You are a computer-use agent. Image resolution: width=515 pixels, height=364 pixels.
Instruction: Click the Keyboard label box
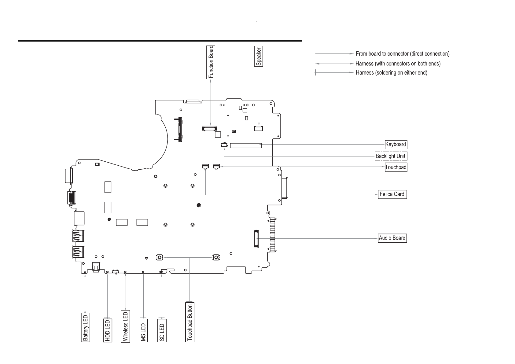tap(396, 144)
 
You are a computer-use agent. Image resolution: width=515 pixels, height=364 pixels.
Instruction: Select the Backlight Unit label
tap(391, 156)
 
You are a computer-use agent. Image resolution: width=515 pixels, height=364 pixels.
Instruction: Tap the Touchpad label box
tap(396, 167)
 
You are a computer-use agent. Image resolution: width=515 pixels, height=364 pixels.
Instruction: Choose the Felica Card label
tap(392, 194)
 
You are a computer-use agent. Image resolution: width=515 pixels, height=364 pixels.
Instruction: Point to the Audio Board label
tap(392, 238)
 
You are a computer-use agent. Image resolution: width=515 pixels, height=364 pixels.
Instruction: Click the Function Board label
tap(211, 62)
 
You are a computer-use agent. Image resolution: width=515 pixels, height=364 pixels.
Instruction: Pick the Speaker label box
tap(259, 56)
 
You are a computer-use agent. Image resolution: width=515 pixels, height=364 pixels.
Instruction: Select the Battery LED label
tap(85, 327)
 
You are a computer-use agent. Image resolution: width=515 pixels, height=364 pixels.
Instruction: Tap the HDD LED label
tap(108, 330)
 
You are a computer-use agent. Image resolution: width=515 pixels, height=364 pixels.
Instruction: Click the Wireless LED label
tap(126, 326)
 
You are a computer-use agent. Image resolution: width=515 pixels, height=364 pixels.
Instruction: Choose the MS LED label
tap(143, 330)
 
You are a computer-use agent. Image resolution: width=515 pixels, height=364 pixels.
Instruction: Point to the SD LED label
tap(162, 330)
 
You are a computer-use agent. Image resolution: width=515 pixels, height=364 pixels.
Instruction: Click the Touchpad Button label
tap(190, 322)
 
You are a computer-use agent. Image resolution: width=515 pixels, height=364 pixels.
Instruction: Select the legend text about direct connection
tap(403, 54)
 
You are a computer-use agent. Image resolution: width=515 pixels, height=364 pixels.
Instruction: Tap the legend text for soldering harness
tap(392, 73)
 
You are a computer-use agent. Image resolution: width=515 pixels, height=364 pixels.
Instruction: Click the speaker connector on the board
tap(259, 128)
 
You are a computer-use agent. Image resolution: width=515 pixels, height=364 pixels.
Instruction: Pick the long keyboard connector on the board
tap(246, 145)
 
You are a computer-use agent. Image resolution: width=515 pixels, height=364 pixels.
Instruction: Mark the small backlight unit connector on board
tap(224, 145)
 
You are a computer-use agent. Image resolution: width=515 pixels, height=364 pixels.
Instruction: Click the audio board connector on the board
tap(256, 238)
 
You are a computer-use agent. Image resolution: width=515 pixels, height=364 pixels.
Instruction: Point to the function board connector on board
tap(209, 128)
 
